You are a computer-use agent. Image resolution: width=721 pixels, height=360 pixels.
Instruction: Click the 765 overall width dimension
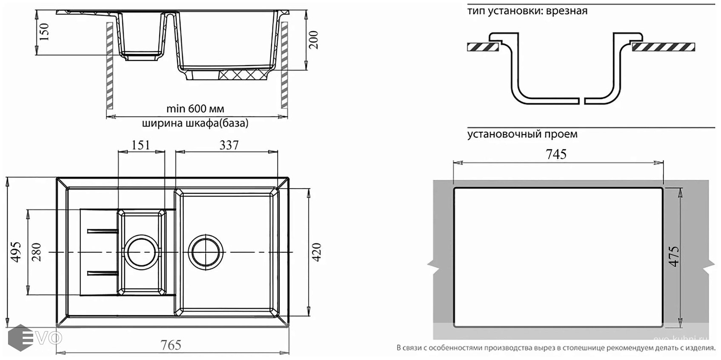tap(171, 345)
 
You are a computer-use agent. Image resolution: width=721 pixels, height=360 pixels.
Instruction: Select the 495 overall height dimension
tap(16, 251)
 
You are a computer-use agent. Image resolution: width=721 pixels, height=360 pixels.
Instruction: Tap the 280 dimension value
tap(37, 251)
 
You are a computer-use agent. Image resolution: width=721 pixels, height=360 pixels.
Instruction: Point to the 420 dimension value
tap(316, 251)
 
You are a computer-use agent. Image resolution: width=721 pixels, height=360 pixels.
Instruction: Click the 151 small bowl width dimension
tap(140, 145)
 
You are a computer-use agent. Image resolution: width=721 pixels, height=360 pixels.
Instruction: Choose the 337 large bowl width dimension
tap(229, 145)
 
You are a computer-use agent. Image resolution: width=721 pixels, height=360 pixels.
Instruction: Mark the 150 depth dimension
tap(44, 32)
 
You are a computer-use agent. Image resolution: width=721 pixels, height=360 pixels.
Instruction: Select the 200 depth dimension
tap(314, 40)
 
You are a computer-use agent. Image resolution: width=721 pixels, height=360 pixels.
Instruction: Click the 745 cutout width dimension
tap(556, 154)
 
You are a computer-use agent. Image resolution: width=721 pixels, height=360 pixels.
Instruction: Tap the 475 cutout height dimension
tap(673, 257)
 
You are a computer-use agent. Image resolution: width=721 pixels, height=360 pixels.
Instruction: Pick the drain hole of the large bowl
tap(206, 252)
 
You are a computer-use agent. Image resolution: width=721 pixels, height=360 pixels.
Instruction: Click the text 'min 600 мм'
tap(195, 109)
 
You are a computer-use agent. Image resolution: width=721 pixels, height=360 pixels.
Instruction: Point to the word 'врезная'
tap(568, 11)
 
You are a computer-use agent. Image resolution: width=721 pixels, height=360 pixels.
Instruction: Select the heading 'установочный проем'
tap(522, 134)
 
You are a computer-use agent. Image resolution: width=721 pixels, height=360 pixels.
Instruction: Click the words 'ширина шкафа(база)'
tap(195, 123)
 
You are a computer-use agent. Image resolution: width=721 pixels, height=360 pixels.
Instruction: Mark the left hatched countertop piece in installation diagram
tap(483, 47)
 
